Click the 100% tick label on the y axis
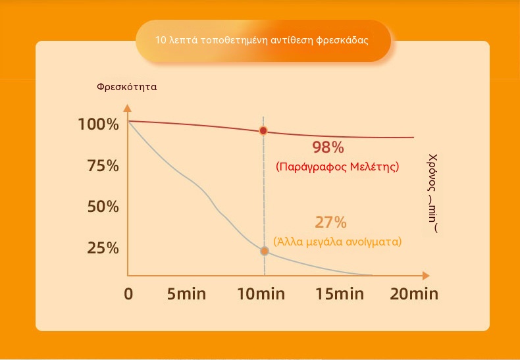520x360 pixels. click(x=98, y=125)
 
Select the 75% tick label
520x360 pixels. click(x=103, y=166)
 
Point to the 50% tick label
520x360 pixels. click(x=103, y=207)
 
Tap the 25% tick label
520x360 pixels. click(x=103, y=248)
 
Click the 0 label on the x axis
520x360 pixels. click(x=128, y=294)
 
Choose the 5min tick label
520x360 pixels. click(x=186, y=294)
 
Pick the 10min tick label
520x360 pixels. click(x=261, y=294)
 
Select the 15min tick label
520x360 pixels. click(x=340, y=294)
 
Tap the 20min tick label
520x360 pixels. click(x=414, y=294)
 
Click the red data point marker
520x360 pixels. click(x=263, y=131)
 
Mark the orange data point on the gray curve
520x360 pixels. click(x=265, y=251)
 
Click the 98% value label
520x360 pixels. click(x=328, y=148)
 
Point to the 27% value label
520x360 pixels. click(x=330, y=222)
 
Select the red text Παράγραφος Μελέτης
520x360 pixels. click(x=337, y=167)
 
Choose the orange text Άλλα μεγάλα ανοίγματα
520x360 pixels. click(x=337, y=242)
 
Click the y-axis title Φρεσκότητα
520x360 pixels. click(x=126, y=87)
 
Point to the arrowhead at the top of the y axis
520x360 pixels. click(x=128, y=108)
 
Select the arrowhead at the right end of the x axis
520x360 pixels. click(x=426, y=276)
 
